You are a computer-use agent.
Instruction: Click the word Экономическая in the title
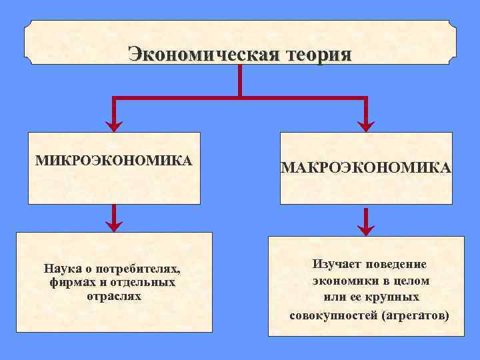(203, 54)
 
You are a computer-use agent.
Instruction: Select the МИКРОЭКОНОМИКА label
(113, 160)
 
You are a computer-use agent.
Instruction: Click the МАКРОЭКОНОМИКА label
(366, 169)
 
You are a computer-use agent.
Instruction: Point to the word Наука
(63, 269)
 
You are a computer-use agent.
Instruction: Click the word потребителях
(139, 269)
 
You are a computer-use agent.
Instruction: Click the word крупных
(395, 297)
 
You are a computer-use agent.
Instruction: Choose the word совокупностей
(333, 314)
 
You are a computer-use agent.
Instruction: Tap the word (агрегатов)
(415, 314)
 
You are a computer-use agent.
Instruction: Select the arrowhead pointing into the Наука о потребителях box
(115, 224)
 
